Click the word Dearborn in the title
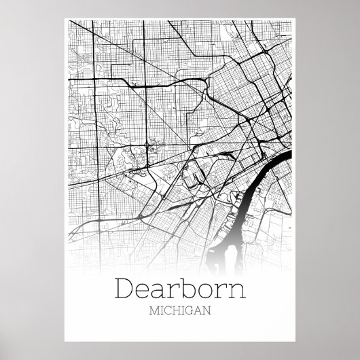180,290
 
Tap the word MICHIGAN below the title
180,312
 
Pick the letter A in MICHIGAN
197,312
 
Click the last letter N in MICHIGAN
206,312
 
